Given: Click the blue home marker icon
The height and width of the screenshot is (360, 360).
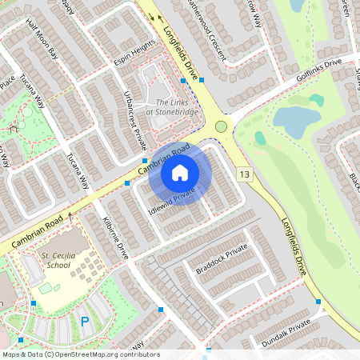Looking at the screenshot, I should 180,173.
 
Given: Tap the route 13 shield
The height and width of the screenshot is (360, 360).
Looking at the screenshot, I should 244,174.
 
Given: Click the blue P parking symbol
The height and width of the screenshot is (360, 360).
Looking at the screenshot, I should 85,322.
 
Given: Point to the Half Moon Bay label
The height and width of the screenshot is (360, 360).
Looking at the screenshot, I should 42,49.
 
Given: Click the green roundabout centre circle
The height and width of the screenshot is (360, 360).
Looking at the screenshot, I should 221,126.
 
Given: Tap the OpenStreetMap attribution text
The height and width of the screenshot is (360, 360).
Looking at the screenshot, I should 80,354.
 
